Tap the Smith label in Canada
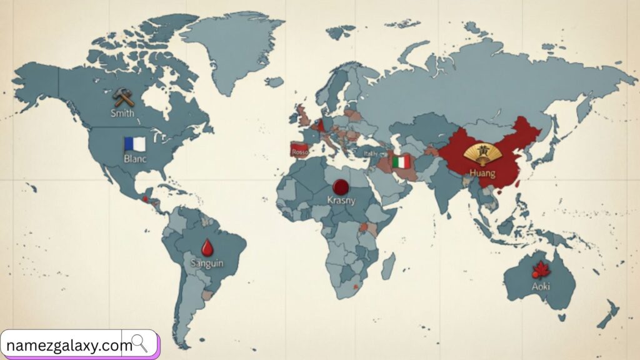(122, 113)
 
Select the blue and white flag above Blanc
(134, 144)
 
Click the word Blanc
(134, 159)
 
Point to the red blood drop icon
(206, 247)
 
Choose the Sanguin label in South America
(206, 264)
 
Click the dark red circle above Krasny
(341, 186)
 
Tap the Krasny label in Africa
(341, 200)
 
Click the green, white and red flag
(401, 162)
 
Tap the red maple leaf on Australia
(539, 271)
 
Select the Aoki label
(541, 286)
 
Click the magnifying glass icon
(139, 343)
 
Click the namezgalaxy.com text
(69, 344)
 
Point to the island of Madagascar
(387, 266)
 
